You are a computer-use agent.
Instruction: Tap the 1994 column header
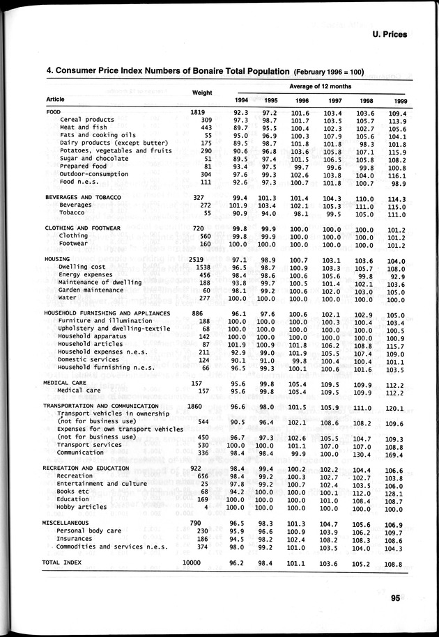(x=240, y=101)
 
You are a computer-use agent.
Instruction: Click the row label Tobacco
(x=72, y=213)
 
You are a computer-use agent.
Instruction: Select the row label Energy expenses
(x=86, y=274)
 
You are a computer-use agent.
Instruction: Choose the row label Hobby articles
(x=84, y=506)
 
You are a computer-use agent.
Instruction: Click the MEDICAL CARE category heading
(x=65, y=383)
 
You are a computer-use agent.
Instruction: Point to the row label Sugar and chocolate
(x=94, y=158)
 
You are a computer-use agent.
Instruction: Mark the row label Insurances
(x=75, y=538)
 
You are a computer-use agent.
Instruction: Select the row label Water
(x=68, y=298)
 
